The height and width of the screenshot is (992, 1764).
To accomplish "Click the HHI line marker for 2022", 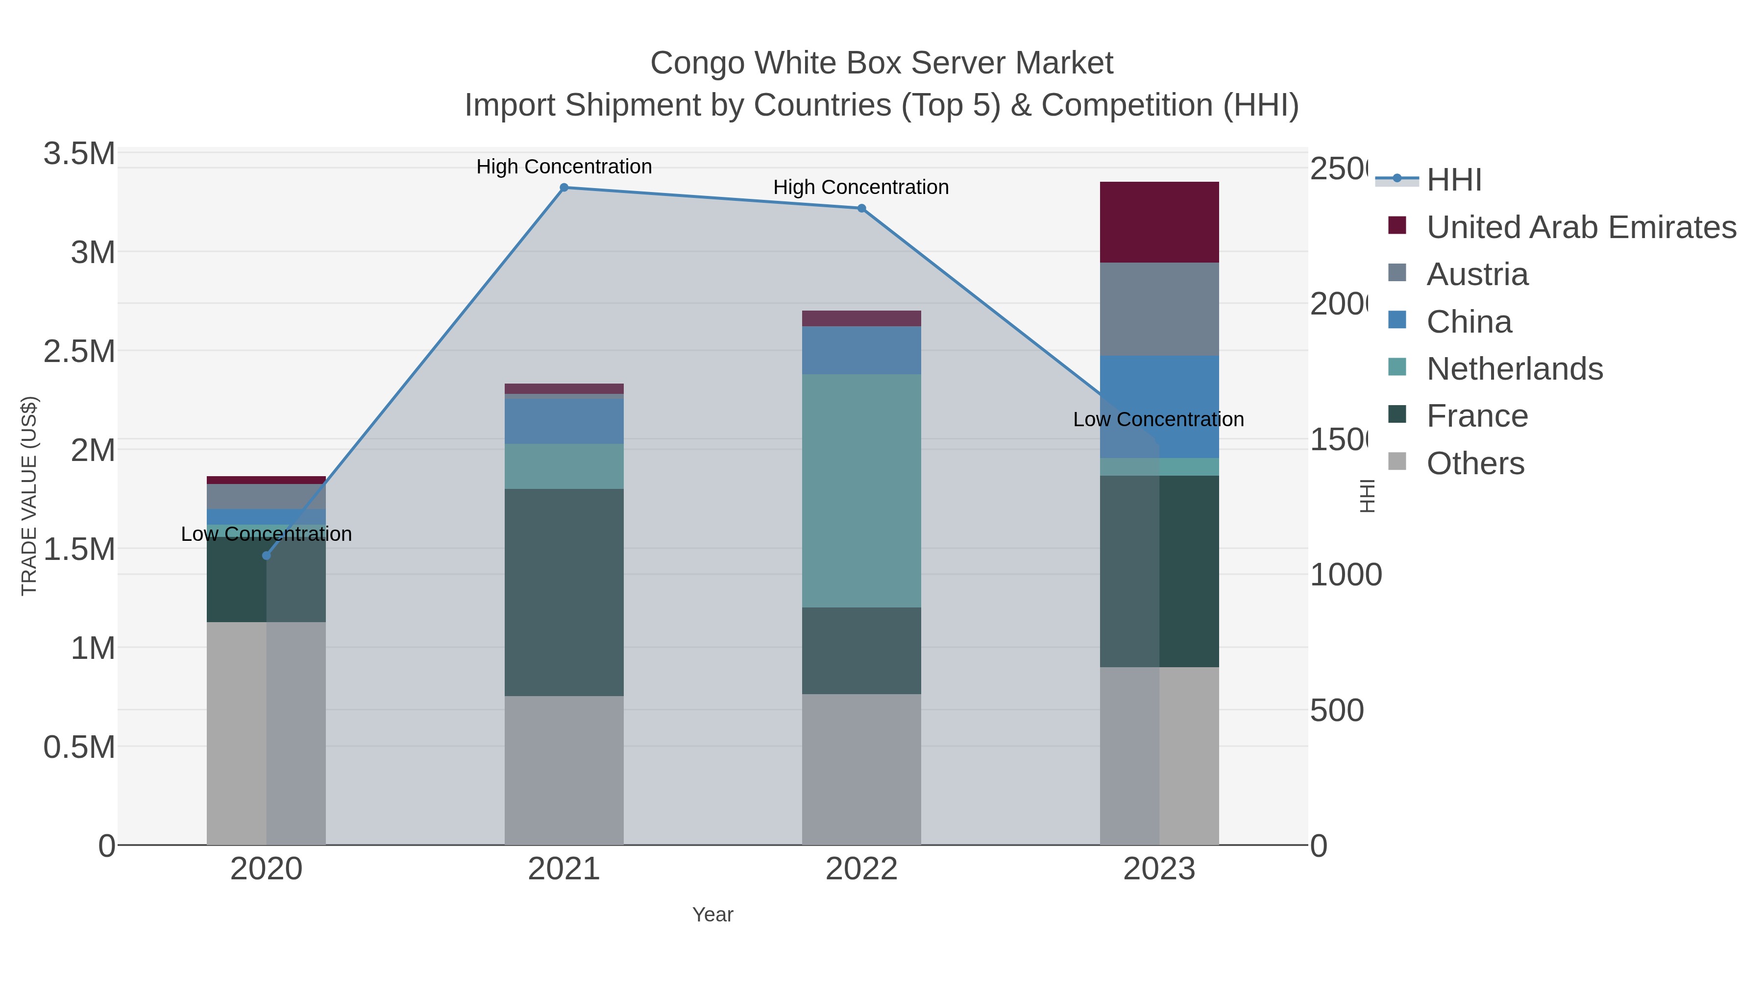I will point(861,208).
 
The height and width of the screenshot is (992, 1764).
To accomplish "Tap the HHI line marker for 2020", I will point(267,555).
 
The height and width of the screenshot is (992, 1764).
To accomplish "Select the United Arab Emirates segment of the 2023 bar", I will point(1159,222).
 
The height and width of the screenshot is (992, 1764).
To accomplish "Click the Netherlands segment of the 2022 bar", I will point(861,490).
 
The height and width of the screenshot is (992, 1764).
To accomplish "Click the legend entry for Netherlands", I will point(1514,369).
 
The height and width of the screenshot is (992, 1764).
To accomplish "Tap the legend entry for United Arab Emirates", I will point(1580,227).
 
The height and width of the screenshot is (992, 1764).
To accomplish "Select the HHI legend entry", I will point(1453,180).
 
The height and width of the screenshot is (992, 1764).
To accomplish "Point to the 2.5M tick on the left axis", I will point(79,351).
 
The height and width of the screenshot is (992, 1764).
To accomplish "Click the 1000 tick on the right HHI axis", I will point(1345,575).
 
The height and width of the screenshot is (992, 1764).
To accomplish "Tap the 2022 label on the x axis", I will point(861,869).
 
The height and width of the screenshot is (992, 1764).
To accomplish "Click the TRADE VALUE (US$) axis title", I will point(29,496).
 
